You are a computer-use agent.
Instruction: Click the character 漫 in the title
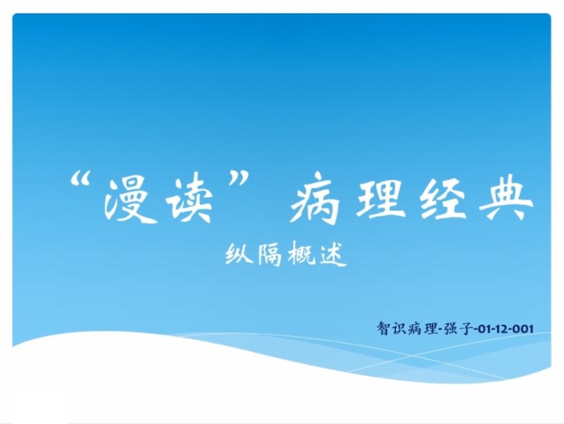(130, 200)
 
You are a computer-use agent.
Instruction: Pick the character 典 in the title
(506, 198)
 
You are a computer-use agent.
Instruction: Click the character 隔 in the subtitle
(269, 254)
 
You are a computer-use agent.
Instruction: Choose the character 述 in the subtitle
(334, 255)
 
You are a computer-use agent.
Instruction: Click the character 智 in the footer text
(383, 328)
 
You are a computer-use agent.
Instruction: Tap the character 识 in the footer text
(398, 328)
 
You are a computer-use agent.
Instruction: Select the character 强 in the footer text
(451, 328)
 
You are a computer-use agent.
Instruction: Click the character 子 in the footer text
(466, 328)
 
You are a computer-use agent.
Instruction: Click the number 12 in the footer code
(502, 329)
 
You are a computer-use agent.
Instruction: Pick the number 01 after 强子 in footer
(484, 329)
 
